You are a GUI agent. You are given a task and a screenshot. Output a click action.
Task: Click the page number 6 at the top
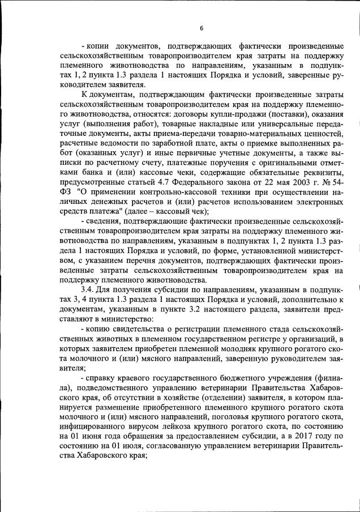(x=202, y=28)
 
